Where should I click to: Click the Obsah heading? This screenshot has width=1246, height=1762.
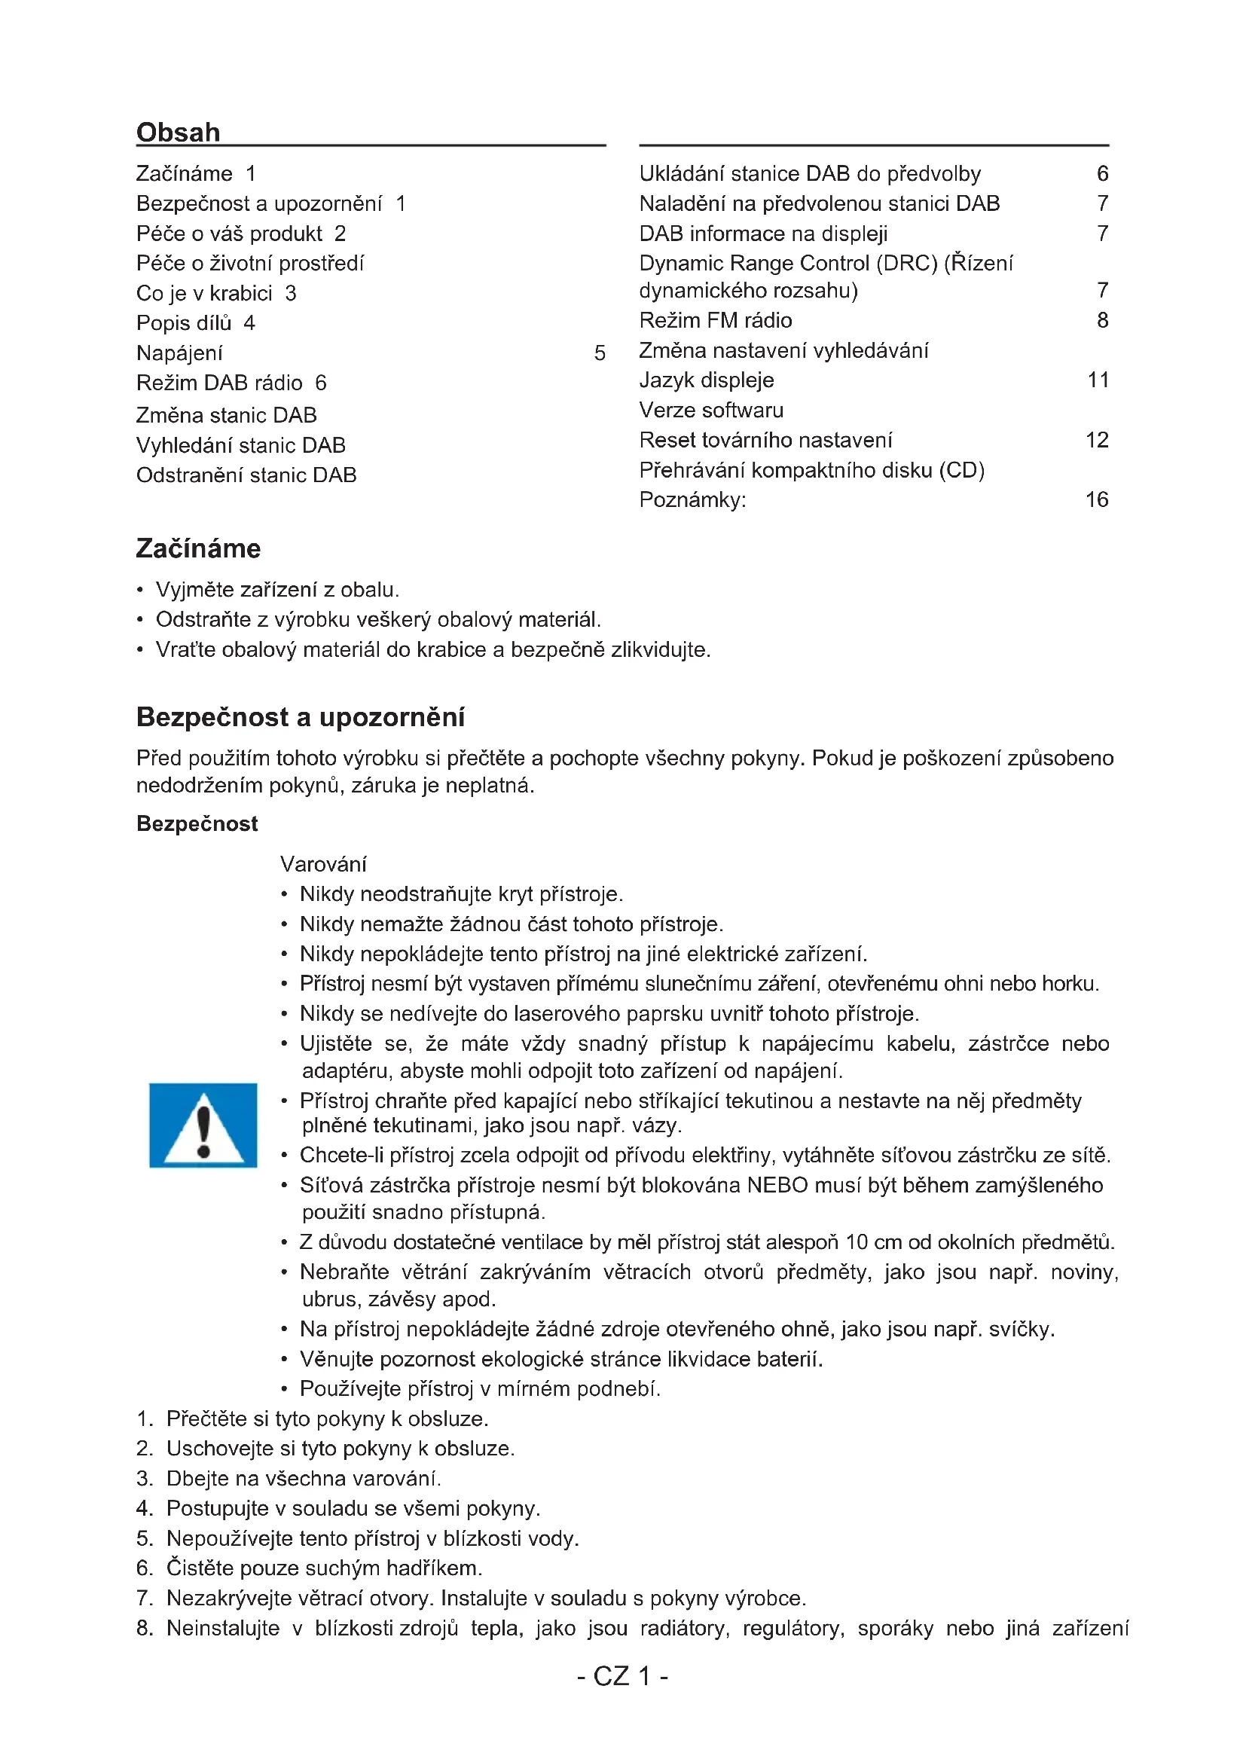(x=178, y=132)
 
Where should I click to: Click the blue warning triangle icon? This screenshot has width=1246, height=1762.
(x=203, y=1125)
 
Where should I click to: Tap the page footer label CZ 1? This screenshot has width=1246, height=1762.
(x=622, y=1675)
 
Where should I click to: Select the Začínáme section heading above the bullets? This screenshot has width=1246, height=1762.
(x=198, y=548)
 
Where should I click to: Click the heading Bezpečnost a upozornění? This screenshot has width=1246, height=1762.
(x=300, y=716)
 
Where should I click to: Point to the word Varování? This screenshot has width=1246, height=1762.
(x=323, y=864)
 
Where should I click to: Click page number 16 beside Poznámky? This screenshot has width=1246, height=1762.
(x=1096, y=499)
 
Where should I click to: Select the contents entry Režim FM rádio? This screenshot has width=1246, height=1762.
(x=715, y=320)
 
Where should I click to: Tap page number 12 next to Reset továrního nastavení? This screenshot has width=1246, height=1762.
(x=1096, y=440)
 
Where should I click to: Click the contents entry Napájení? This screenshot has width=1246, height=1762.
(x=179, y=353)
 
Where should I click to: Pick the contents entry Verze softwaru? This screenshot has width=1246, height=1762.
(x=711, y=410)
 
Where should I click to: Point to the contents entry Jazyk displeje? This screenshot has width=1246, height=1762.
(x=707, y=380)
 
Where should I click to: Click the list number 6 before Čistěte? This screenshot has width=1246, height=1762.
(x=144, y=1568)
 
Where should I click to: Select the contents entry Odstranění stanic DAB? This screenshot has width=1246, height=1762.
(x=246, y=475)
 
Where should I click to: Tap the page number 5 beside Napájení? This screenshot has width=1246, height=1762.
(x=599, y=353)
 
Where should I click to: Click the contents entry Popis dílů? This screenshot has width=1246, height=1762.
(x=184, y=323)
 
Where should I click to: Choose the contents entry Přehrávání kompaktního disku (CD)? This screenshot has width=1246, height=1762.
(x=812, y=469)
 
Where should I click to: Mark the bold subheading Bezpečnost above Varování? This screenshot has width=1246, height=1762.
(x=197, y=823)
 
